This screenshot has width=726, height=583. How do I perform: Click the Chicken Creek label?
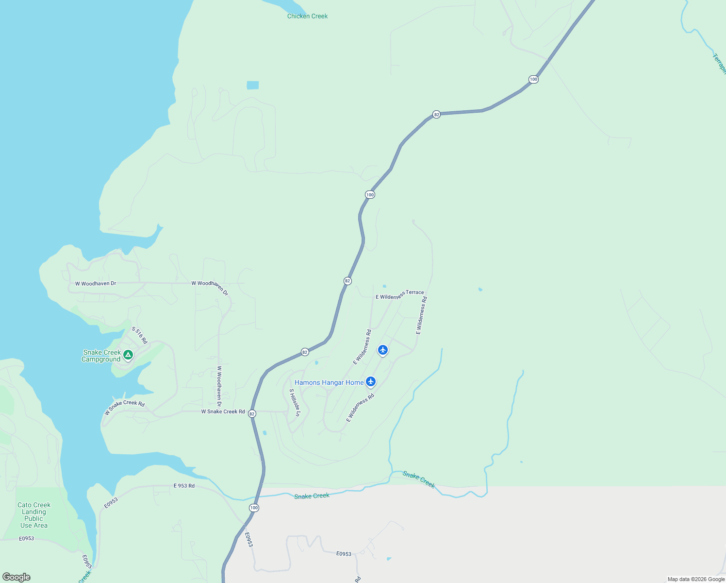pyautogui.click(x=307, y=16)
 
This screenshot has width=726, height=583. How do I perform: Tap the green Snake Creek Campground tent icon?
pyautogui.click(x=128, y=355)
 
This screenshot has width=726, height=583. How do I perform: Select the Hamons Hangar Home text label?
pyautogui.click(x=329, y=382)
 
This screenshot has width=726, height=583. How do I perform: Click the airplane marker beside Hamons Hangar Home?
pyautogui.click(x=371, y=381)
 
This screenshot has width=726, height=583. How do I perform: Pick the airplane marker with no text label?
pyautogui.click(x=383, y=350)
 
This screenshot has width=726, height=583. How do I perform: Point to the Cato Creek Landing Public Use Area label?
pyautogui.click(x=34, y=515)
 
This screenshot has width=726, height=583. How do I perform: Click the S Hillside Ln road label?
pyautogui.click(x=295, y=402)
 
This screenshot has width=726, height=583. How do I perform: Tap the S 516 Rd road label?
pyautogui.click(x=139, y=335)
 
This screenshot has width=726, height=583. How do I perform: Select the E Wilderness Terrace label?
pyautogui.click(x=399, y=295)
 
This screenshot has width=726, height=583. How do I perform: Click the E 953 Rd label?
pyautogui.click(x=184, y=485)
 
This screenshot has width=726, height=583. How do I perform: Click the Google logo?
pyautogui.click(x=16, y=577)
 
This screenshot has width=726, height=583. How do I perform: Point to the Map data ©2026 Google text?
pyautogui.click(x=696, y=579)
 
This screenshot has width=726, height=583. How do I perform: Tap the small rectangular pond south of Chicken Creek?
pyautogui.click(x=252, y=86)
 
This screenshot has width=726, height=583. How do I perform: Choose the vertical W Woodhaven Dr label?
pyautogui.click(x=219, y=386)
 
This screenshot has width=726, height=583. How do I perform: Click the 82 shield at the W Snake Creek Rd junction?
pyautogui.click(x=252, y=413)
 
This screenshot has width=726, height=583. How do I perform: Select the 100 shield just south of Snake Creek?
pyautogui.click(x=254, y=508)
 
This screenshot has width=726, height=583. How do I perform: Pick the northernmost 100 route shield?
pyautogui.click(x=533, y=79)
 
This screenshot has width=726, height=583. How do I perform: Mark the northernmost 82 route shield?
pyautogui.click(x=436, y=115)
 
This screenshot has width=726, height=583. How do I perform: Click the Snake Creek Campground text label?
pyautogui.click(x=101, y=356)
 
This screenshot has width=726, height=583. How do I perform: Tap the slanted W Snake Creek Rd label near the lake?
pyautogui.click(x=125, y=407)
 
